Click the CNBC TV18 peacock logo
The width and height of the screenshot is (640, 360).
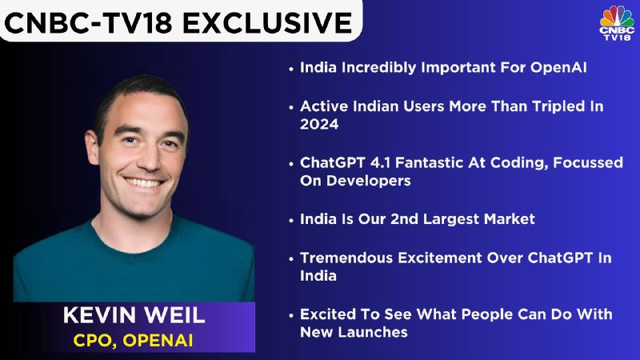click(617, 23)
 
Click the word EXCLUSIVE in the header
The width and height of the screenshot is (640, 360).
click(267, 22)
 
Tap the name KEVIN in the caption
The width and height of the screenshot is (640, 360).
click(99, 315)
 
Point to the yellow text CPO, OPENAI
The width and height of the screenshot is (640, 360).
click(133, 341)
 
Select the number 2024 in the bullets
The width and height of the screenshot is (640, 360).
click(319, 124)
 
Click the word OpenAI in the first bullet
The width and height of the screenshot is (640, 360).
click(558, 67)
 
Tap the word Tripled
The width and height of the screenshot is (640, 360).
click(556, 106)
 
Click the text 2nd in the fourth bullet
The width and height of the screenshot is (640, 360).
click(405, 219)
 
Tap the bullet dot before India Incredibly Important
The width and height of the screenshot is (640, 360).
click(291, 69)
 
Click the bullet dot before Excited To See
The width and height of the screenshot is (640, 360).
click(291, 316)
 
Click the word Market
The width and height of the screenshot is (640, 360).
click(509, 219)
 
